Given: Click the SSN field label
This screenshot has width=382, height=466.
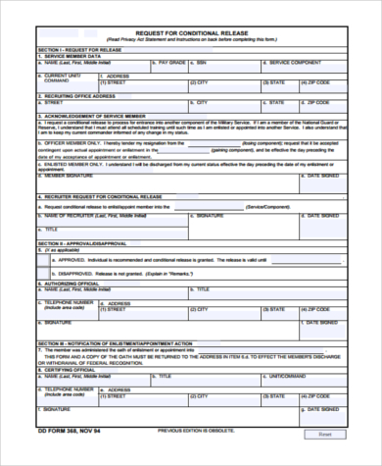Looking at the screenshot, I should pyautogui.click(x=201, y=62).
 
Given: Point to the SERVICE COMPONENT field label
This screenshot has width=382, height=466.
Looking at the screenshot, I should pyautogui.click(x=294, y=62).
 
